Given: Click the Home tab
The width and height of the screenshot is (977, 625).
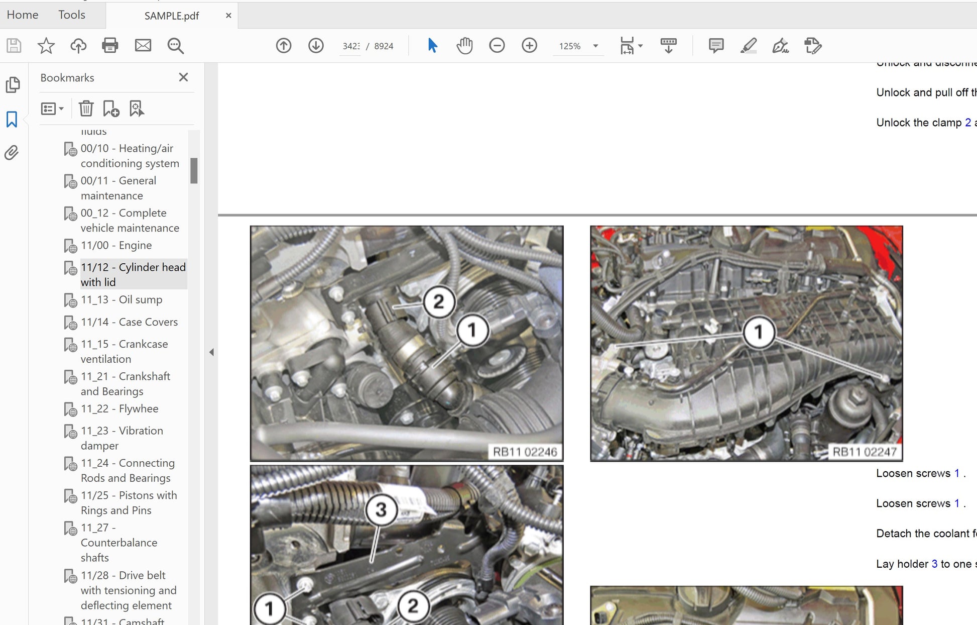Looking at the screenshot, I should [x=23, y=15].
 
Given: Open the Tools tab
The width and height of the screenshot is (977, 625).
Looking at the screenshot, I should [x=72, y=15].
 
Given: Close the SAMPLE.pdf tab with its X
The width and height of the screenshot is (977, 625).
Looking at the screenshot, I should [x=228, y=16].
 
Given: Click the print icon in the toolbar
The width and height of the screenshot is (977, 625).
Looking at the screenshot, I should [x=110, y=46].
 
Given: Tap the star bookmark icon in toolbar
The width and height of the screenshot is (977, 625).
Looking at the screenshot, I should [x=46, y=46].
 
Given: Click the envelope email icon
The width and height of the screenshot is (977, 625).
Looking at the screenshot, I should [x=143, y=46].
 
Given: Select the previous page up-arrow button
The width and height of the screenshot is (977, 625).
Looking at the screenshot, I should [x=284, y=46].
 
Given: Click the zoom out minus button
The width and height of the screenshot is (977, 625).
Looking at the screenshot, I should [x=497, y=46].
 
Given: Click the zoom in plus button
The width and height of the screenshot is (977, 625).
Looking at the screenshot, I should [x=529, y=46].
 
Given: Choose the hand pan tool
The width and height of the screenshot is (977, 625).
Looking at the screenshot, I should [x=464, y=46].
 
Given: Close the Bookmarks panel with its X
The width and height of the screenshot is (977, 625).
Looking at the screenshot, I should [x=183, y=77].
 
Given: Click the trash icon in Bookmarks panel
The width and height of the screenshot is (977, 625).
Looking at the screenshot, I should [x=86, y=109].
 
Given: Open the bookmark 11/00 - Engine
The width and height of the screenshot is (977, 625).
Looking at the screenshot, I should [x=116, y=245].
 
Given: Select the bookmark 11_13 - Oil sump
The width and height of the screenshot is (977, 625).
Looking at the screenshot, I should [x=121, y=300].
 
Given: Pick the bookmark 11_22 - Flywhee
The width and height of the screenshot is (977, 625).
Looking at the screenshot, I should [x=119, y=409].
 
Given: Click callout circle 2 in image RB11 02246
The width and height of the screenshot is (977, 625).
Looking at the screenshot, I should [x=439, y=302].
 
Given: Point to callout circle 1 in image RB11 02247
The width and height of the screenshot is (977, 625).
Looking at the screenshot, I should [x=758, y=332].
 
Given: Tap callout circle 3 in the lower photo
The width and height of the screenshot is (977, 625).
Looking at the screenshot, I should [x=381, y=510].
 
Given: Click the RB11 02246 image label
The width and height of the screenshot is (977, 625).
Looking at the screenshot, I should [x=525, y=452].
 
